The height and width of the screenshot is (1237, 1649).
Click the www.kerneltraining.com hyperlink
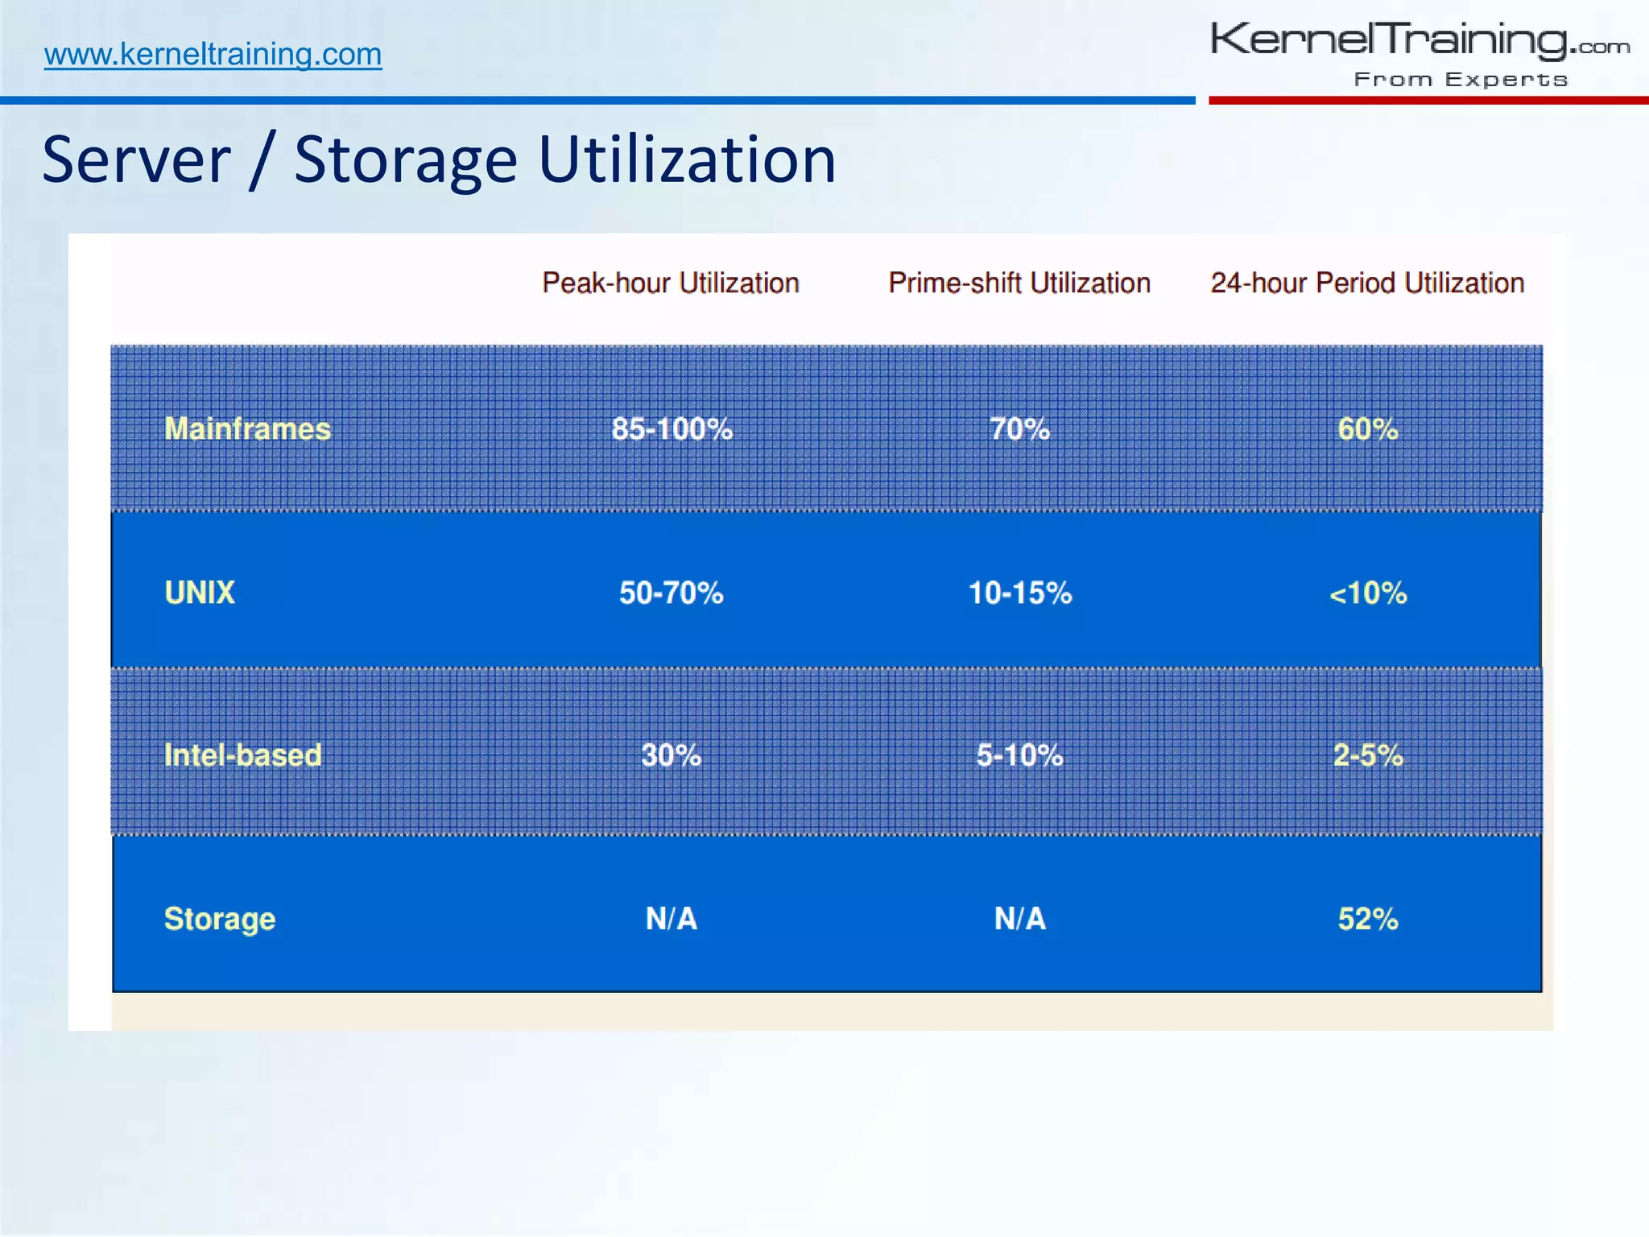tap(213, 54)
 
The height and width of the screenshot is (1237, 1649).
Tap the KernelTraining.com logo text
tap(1419, 40)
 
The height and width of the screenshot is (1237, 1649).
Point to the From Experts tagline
tap(1461, 80)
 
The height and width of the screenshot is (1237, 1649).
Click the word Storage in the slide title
tap(405, 160)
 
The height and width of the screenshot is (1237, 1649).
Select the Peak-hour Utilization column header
tap(670, 283)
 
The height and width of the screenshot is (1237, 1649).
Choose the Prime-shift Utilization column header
tap(1019, 283)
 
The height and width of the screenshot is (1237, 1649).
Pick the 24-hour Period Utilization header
tap(1367, 283)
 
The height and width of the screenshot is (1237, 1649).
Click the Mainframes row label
tap(247, 428)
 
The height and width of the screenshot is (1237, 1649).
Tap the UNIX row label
tap(200, 593)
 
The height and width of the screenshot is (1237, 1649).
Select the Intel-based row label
tap(242, 755)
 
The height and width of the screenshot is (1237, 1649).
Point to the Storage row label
tap(220, 919)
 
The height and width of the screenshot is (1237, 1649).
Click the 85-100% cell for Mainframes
tap(672, 428)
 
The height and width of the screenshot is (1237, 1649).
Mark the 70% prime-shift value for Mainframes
tap(1019, 428)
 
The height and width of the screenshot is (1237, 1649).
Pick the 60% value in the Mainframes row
tap(1367, 428)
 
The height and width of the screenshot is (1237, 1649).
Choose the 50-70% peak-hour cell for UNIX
tap(671, 593)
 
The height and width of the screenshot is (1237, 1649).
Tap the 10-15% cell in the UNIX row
tap(1019, 593)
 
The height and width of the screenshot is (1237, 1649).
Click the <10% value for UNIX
tap(1367, 594)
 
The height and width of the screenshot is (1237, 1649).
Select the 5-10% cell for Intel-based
tap(1019, 755)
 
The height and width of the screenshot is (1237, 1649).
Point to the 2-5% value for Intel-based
tap(1367, 755)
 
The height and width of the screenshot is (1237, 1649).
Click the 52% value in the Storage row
tap(1367, 919)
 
